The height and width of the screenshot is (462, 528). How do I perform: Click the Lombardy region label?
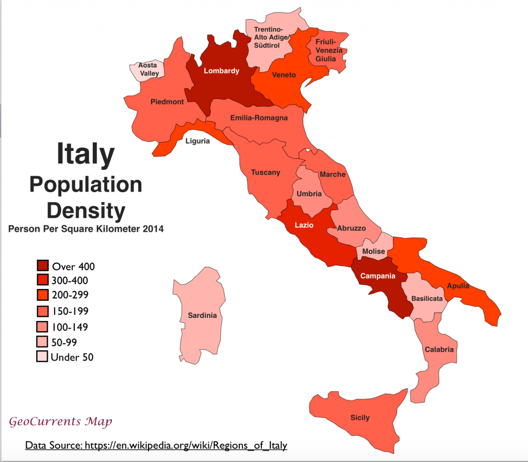(221, 71)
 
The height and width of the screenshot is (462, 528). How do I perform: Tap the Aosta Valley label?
(148, 70)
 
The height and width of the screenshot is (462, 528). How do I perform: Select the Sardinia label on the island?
(202, 315)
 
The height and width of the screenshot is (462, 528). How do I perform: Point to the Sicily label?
(359, 417)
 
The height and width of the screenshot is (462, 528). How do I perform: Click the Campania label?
(377, 276)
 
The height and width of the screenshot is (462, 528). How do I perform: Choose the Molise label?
(373, 251)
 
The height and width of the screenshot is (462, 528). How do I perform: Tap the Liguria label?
(197, 141)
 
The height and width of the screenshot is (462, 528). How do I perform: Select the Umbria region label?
(309, 194)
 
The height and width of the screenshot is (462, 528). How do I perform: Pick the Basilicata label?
(427, 298)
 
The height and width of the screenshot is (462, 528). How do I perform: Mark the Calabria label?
(439, 350)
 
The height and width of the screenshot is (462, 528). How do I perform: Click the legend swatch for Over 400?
(42, 266)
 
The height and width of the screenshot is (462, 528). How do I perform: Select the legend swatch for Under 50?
(42, 357)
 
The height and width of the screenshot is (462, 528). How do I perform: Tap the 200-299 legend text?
(70, 296)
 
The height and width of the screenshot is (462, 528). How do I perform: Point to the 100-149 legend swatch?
(42, 327)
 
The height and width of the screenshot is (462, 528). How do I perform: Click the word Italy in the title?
(85, 154)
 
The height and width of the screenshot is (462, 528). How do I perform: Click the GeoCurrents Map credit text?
(60, 422)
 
